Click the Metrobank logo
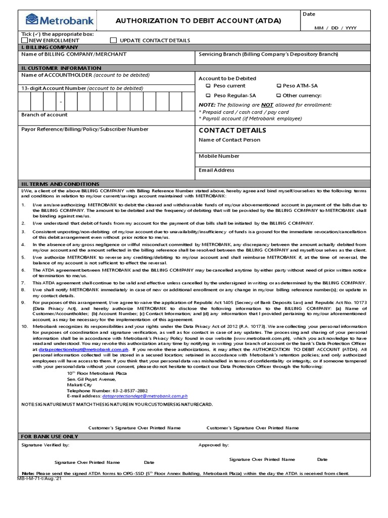pos(53,21)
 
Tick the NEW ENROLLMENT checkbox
pos(24,40)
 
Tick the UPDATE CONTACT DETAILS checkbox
pos(113,40)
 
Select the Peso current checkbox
pos(208,86)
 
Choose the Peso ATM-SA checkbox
pos(278,86)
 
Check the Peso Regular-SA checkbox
pos(208,96)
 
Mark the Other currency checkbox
pos(278,96)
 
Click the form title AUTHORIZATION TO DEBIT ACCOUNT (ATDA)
pos(199,21)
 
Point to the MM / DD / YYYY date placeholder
pos(335,28)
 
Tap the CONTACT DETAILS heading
pos(225,131)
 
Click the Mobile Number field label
pos(219,156)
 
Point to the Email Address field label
pos(216,170)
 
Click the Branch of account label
pos(44,115)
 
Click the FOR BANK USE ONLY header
pos(50,436)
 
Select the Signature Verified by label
pos(45,445)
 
